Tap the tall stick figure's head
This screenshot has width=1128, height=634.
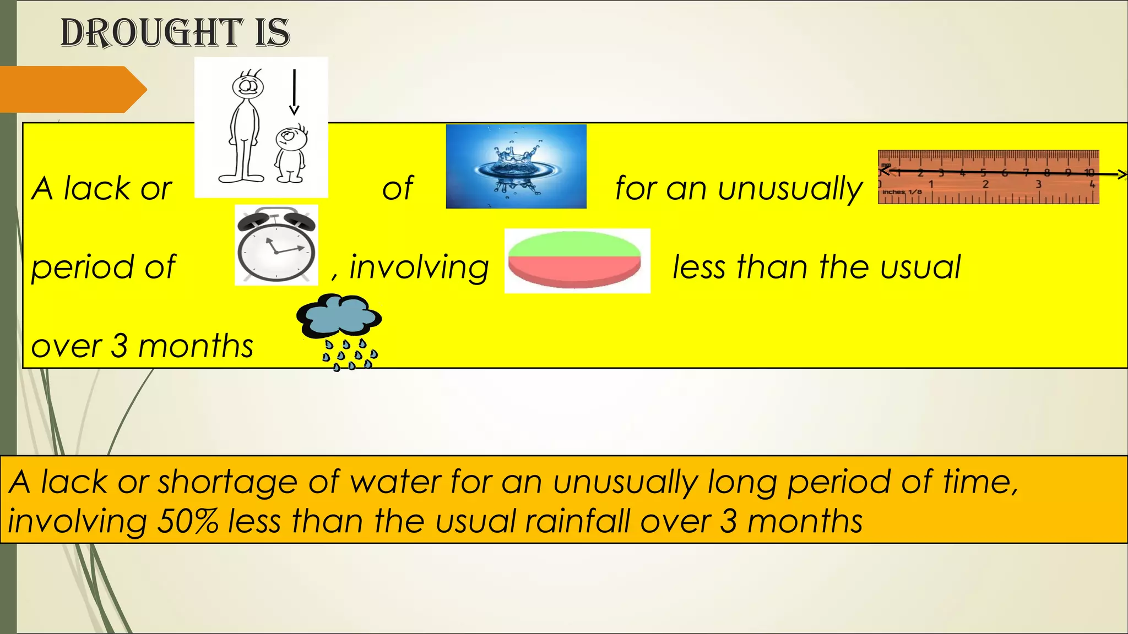coord(248,86)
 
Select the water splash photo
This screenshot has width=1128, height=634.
coord(516,166)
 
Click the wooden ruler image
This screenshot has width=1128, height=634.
coord(988,177)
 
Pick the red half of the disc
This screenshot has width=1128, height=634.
coord(574,270)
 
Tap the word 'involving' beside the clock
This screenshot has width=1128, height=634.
coord(419,267)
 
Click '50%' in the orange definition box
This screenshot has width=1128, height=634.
coord(187,521)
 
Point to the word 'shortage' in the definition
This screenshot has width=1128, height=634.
coord(228,482)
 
